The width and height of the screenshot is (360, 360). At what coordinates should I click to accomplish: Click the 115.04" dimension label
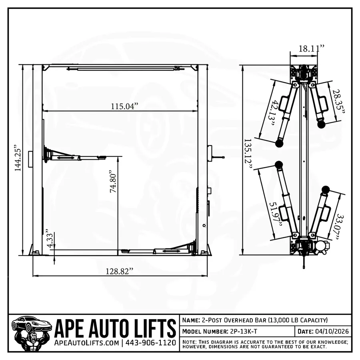tap(125, 106)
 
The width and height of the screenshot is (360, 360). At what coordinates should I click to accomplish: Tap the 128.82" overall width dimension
tap(119, 271)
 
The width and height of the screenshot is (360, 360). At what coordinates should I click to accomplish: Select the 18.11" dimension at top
tap(311, 48)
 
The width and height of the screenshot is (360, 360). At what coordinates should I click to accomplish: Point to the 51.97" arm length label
tap(274, 214)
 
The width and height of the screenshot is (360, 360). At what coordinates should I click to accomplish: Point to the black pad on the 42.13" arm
tap(279, 143)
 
